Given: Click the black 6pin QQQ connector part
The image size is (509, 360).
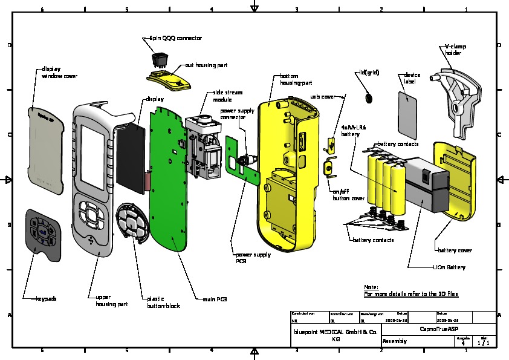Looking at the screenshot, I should click(160, 59).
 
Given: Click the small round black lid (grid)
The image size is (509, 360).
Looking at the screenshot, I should click(369, 97).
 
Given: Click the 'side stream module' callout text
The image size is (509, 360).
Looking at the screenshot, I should click(226, 96).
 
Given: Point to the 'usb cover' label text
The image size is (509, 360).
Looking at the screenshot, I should click(323, 96).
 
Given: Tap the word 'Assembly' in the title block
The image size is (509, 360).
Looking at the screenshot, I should click(395, 341).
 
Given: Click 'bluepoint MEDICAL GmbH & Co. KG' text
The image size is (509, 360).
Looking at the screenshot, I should click(336, 336).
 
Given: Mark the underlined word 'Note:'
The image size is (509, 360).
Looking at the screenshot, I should click(371, 287).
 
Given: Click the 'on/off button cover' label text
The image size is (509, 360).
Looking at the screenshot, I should click(349, 195).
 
